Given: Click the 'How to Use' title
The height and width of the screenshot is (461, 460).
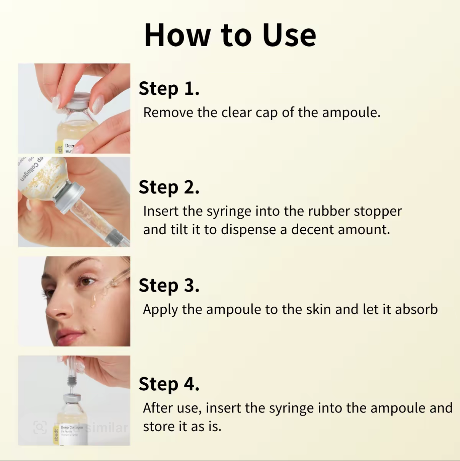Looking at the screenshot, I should [230, 35].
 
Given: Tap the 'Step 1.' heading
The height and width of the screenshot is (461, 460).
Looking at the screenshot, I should [169, 88].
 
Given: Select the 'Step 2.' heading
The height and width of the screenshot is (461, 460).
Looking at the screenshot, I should [169, 187].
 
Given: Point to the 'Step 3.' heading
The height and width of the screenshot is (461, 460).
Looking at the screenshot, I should [169, 285].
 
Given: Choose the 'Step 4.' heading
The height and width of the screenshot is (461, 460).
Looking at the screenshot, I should [169, 384].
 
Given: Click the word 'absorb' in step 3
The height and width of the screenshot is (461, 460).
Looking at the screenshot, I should [416, 309].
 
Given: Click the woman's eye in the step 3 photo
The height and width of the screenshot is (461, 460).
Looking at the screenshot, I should [87, 282].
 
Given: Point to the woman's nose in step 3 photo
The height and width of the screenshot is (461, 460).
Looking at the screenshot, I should [55, 310].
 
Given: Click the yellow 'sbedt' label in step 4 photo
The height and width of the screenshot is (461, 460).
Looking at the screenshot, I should [56, 435].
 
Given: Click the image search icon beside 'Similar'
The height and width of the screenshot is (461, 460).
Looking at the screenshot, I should [40, 427].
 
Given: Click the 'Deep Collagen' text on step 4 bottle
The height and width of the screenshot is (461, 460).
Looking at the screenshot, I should [72, 427].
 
